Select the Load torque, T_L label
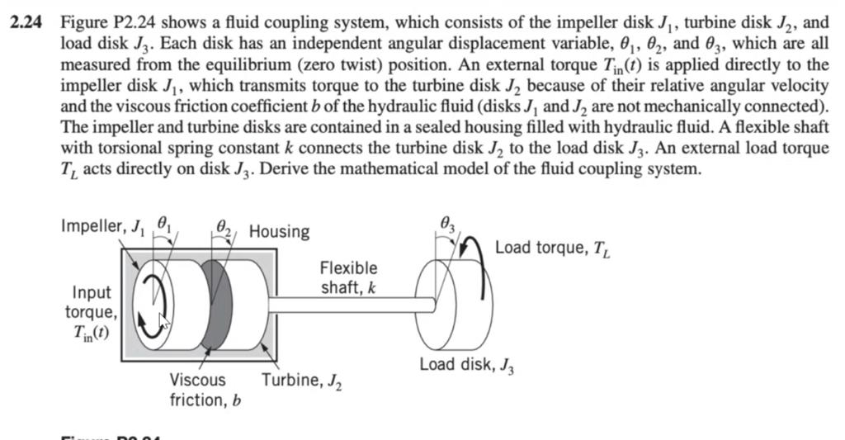pyautogui.click(x=552, y=247)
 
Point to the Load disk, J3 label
pyautogui.click(x=467, y=365)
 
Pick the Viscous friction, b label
pyautogui.click(x=198, y=390)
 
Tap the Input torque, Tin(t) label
pyautogui.click(x=91, y=313)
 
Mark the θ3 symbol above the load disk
pyautogui.click(x=447, y=221)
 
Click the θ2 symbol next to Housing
pyautogui.click(x=224, y=225)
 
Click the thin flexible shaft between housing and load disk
pyautogui.click(x=347, y=305)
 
